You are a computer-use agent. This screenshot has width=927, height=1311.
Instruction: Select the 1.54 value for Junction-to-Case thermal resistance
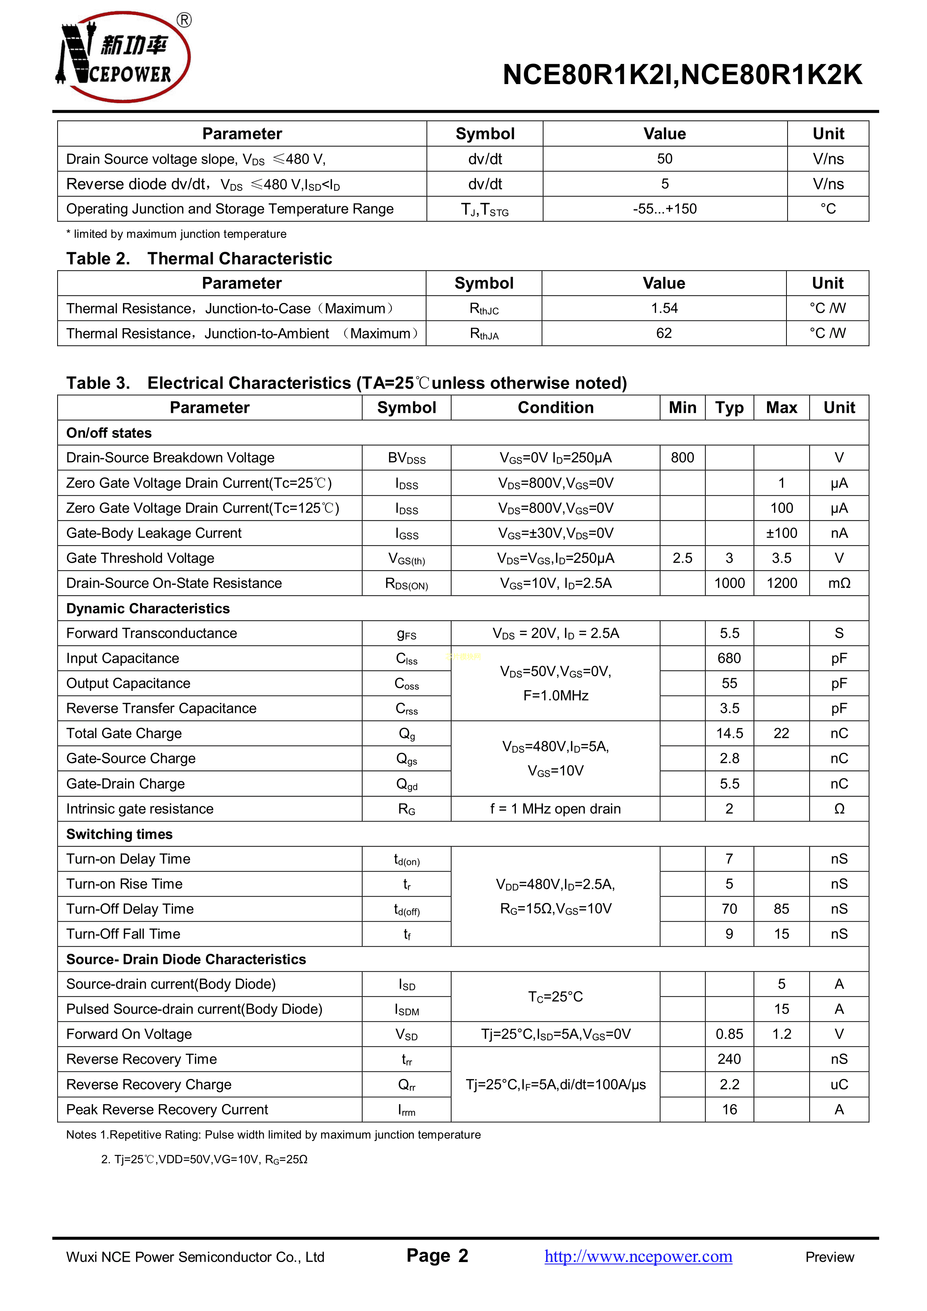tap(664, 308)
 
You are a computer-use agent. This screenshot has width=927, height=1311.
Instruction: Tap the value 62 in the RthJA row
tap(664, 334)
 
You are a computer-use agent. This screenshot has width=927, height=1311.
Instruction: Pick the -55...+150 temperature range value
tap(664, 209)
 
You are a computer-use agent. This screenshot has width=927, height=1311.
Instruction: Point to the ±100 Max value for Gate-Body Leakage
tap(781, 533)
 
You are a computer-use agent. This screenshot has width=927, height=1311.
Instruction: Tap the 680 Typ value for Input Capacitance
tap(729, 658)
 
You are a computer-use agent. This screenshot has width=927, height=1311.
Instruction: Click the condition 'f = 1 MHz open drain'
tap(555, 809)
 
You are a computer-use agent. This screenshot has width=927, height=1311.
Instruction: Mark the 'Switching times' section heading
tap(119, 834)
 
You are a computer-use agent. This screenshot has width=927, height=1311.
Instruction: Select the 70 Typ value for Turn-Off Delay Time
tap(729, 909)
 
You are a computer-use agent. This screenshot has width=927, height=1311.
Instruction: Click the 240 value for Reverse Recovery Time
tap(729, 1059)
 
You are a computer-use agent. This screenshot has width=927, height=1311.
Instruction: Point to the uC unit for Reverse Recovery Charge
tap(838, 1084)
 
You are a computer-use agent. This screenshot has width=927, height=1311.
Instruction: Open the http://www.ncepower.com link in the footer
tap(638, 1257)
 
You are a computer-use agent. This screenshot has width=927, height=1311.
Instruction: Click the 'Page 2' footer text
tap(437, 1256)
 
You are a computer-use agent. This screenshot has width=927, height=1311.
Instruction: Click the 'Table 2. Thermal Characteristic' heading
tap(199, 259)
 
